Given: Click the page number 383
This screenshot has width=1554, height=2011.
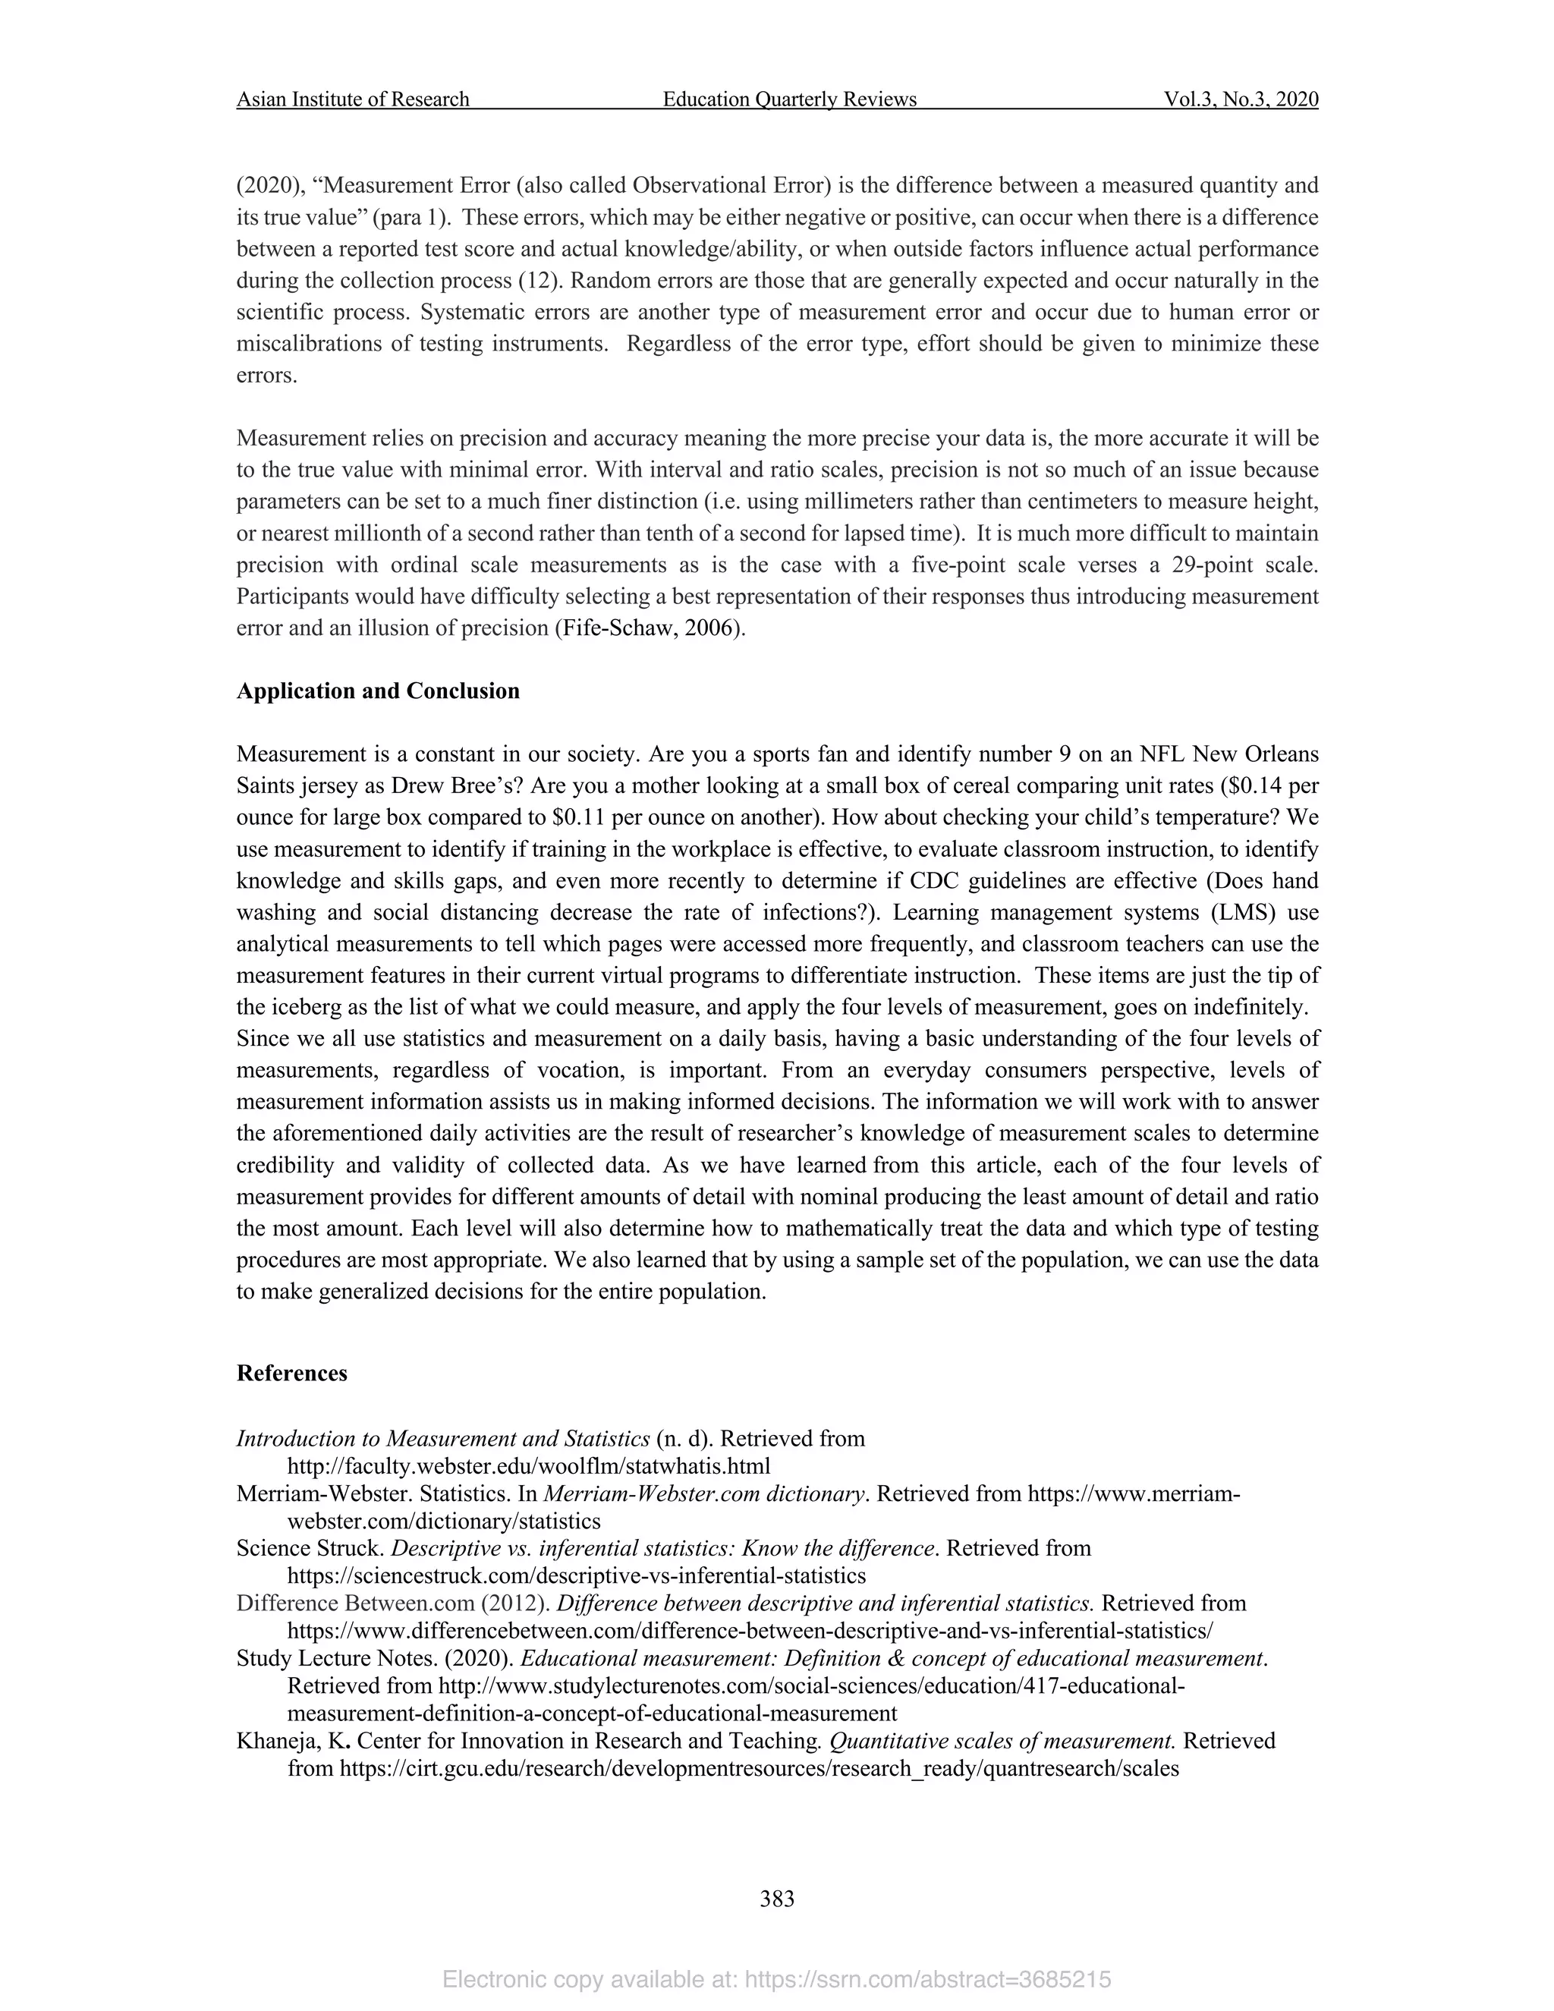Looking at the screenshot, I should pyautogui.click(x=777, y=1899).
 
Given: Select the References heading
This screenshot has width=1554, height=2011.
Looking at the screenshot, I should pyautogui.click(x=292, y=1373).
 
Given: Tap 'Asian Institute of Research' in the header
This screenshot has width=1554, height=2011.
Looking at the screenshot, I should pyautogui.click(x=353, y=99).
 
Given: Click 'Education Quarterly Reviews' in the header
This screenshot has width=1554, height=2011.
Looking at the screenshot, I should pyautogui.click(x=789, y=99).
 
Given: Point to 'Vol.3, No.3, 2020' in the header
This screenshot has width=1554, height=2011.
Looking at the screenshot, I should pyautogui.click(x=1240, y=99).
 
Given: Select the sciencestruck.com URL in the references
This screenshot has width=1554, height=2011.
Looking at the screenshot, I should pyautogui.click(x=577, y=1575).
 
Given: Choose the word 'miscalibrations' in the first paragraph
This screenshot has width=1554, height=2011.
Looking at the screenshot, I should pyautogui.click(x=311, y=344).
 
